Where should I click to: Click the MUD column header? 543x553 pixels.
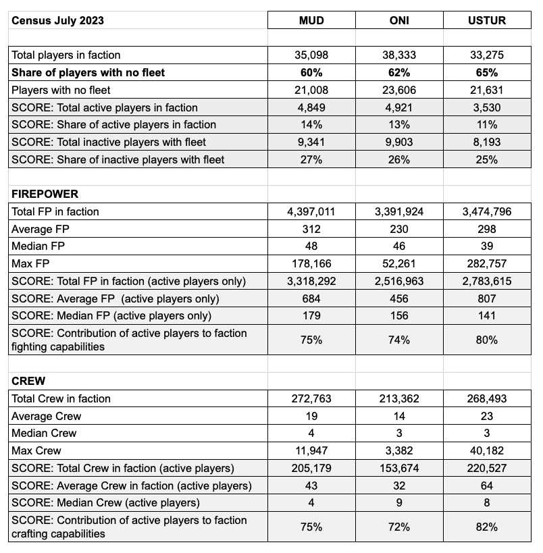(311, 20)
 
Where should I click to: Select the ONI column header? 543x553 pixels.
(399, 20)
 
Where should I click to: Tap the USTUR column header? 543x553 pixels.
(487, 20)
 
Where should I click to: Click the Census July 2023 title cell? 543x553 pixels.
(57, 20)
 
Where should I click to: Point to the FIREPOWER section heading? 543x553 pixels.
(45, 194)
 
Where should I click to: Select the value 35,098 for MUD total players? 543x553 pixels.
(311, 55)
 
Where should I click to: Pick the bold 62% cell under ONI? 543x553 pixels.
(399, 72)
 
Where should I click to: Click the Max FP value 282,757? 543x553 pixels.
(487, 263)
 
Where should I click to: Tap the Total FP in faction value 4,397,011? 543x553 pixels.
(311, 211)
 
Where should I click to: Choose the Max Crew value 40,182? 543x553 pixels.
(487, 450)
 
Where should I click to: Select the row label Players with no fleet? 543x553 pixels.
(61, 90)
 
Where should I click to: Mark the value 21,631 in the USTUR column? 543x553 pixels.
(487, 90)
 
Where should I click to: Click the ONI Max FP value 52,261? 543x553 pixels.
(399, 263)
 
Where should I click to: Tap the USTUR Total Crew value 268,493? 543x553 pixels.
(487, 398)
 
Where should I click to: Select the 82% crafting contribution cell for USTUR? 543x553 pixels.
(487, 527)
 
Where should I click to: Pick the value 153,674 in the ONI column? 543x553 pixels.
(399, 468)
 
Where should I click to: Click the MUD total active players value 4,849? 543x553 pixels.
(311, 107)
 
